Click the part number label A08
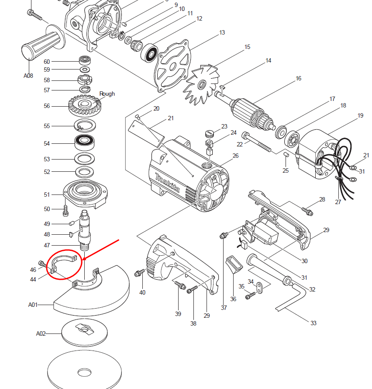(x=28, y=76)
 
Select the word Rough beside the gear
(x=107, y=94)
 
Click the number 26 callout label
(x=236, y=156)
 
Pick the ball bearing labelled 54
(x=85, y=142)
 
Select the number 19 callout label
(x=360, y=116)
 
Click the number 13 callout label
(x=222, y=33)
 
